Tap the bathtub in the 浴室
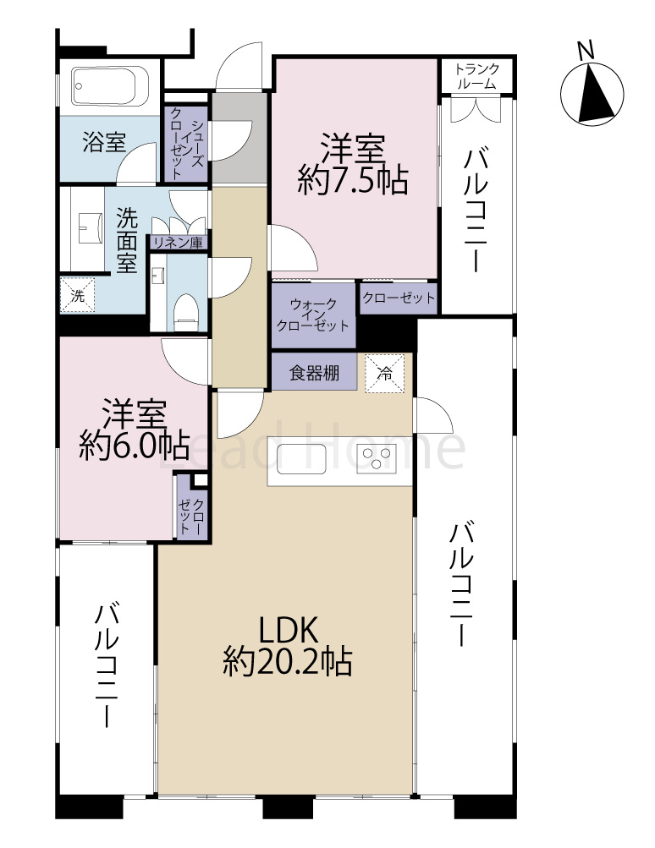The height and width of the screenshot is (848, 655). point(110,85)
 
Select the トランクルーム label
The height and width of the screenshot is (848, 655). point(476,77)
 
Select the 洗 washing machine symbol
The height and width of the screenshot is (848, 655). point(77,295)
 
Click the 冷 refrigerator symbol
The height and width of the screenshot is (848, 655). point(385,373)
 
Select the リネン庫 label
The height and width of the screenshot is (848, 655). point(178,243)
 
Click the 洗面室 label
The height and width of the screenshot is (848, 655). point(127,239)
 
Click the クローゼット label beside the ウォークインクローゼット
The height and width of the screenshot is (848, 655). point(398,298)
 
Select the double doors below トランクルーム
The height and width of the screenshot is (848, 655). point(476,109)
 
